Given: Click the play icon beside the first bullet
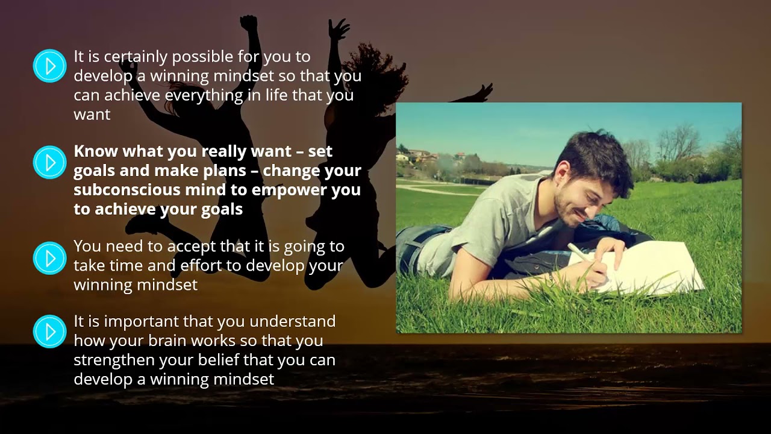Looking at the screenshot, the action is [49, 66].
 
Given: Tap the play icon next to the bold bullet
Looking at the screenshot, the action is [49, 162].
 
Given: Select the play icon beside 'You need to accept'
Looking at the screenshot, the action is [49, 258].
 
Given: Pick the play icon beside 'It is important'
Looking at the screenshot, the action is [49, 332].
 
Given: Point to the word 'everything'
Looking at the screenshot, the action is [204, 96].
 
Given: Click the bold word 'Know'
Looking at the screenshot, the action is [96, 151].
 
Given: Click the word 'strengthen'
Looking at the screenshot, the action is [114, 360].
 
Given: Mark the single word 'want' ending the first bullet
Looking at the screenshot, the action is [92, 115].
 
